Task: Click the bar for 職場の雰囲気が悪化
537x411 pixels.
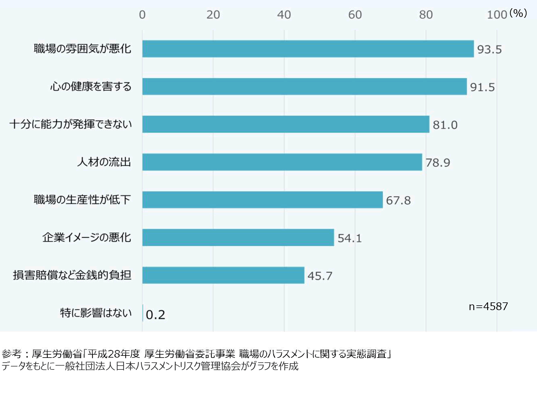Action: tap(308, 49)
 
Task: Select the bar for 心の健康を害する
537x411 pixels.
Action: tap(304, 86)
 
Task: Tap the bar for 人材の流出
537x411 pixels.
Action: tap(282, 162)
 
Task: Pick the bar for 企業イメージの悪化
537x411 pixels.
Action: tap(238, 237)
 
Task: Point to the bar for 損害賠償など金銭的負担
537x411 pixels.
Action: tap(223, 275)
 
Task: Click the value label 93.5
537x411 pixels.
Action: tap(489, 49)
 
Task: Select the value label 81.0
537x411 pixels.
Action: tap(445, 125)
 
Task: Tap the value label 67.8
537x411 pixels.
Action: tap(398, 201)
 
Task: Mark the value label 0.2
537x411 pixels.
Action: tap(155, 315)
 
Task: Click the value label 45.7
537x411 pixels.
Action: tap(320, 276)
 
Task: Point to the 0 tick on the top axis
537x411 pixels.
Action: tap(142, 15)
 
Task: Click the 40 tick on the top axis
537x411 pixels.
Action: tap(284, 15)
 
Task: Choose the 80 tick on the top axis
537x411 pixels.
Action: tap(426, 15)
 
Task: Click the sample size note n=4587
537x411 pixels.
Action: tap(488, 306)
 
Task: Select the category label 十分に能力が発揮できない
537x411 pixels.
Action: tap(71, 124)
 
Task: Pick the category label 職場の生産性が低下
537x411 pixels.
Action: tap(82, 199)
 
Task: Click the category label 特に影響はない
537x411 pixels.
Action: tap(96, 312)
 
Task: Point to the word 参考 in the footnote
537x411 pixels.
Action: tap(12, 353)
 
